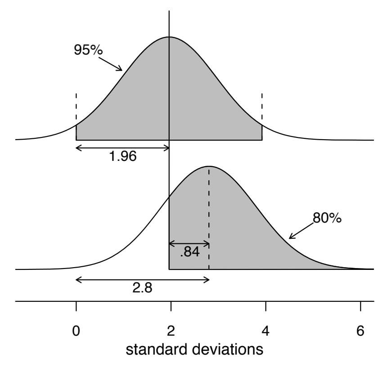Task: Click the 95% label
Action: [x=88, y=50]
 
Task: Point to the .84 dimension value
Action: [x=189, y=253]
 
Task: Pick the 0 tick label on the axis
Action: [x=76, y=331]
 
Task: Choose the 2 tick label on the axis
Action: [x=171, y=331]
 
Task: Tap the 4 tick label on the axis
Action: [x=265, y=331]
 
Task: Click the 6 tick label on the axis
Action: [x=360, y=331]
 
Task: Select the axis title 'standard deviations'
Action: [x=194, y=350]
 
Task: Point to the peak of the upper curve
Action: [x=169, y=37]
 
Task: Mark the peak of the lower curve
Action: [x=209, y=166]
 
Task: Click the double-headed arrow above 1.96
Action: [x=122, y=147]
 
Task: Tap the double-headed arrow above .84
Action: [x=189, y=244]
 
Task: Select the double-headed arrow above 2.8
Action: [x=143, y=279]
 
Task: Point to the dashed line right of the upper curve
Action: [x=262, y=106]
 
